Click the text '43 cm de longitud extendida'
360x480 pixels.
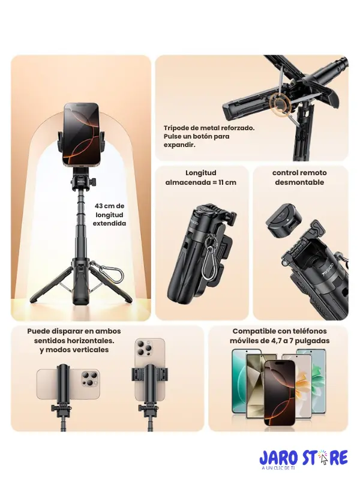click(x=109, y=214)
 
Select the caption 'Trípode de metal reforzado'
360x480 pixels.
click(x=209, y=128)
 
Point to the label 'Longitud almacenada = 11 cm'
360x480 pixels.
click(x=201, y=178)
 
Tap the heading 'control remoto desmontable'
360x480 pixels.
click(x=299, y=178)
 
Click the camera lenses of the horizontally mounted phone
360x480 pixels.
click(x=87, y=383)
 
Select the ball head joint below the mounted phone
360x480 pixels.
click(x=81, y=181)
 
